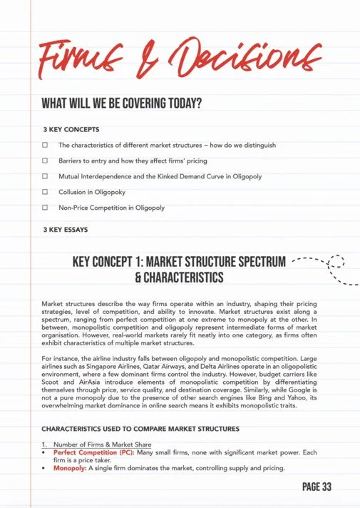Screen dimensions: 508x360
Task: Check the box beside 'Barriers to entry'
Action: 45,161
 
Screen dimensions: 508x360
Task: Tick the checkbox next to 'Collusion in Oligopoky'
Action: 45,192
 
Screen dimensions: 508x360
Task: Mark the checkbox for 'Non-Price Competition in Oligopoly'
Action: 45,208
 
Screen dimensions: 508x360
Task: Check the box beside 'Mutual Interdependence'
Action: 45,176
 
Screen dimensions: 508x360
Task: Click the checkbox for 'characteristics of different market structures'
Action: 45,145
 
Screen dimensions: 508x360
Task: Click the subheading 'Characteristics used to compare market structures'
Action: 140,429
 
